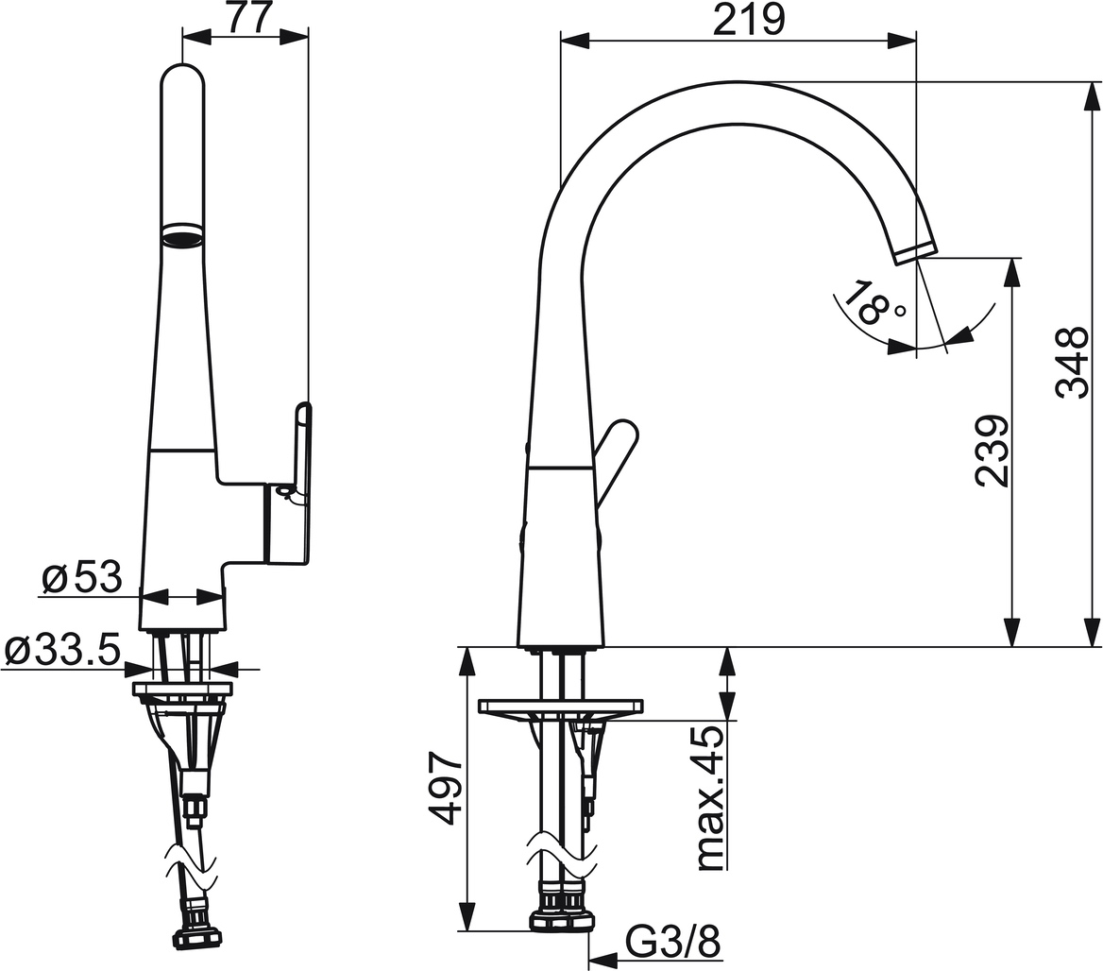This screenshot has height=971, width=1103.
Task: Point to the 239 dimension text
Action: (993, 451)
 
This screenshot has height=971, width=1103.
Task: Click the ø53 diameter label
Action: (83, 576)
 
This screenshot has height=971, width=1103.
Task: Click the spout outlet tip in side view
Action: (915, 251)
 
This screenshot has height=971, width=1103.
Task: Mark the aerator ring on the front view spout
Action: (182, 234)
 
